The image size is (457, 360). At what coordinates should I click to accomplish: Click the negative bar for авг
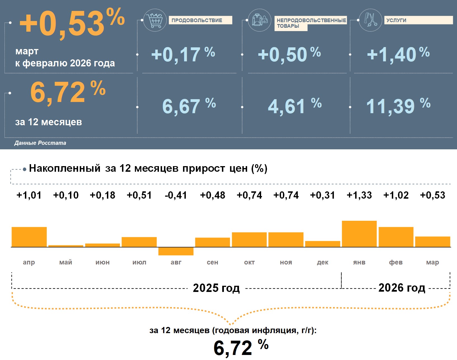176,251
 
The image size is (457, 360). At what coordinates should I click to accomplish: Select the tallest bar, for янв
359,234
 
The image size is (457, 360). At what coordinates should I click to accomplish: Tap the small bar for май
66,246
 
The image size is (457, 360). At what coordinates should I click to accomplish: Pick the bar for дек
323,244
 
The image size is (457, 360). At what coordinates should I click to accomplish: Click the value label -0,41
176,195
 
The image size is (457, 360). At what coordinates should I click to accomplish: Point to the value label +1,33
359,195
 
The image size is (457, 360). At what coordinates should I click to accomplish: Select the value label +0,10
66,195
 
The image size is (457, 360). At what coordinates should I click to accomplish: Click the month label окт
249,263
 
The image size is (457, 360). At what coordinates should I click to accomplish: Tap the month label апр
29,263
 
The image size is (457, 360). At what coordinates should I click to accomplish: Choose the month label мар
432,263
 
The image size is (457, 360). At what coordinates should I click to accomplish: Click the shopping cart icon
155,20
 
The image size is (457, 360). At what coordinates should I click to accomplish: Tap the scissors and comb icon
370,20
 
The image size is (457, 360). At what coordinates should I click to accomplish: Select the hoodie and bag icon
260,20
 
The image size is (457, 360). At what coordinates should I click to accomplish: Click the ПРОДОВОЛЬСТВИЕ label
200,20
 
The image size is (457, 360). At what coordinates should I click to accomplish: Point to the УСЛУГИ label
418,20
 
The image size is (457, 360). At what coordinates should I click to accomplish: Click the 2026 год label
402,288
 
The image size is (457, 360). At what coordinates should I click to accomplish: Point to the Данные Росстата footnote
40,143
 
